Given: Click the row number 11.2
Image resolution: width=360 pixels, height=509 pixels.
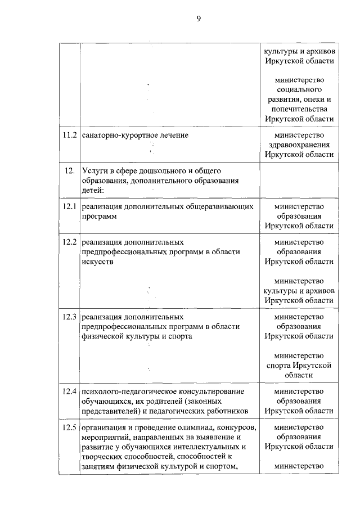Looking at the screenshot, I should coord(69,136).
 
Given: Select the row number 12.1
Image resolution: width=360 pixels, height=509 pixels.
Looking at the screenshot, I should coord(69,206).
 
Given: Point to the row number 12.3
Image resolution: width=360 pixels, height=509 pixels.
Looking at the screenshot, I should coord(69,317).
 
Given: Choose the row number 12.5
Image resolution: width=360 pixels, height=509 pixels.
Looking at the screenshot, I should coord(69,427).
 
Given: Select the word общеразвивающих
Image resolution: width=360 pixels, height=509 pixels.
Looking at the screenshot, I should coord(224,206).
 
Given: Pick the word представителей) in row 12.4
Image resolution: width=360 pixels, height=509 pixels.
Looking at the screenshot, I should coord(110,411).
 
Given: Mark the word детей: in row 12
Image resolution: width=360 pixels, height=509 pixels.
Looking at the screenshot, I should coord(92,190).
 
